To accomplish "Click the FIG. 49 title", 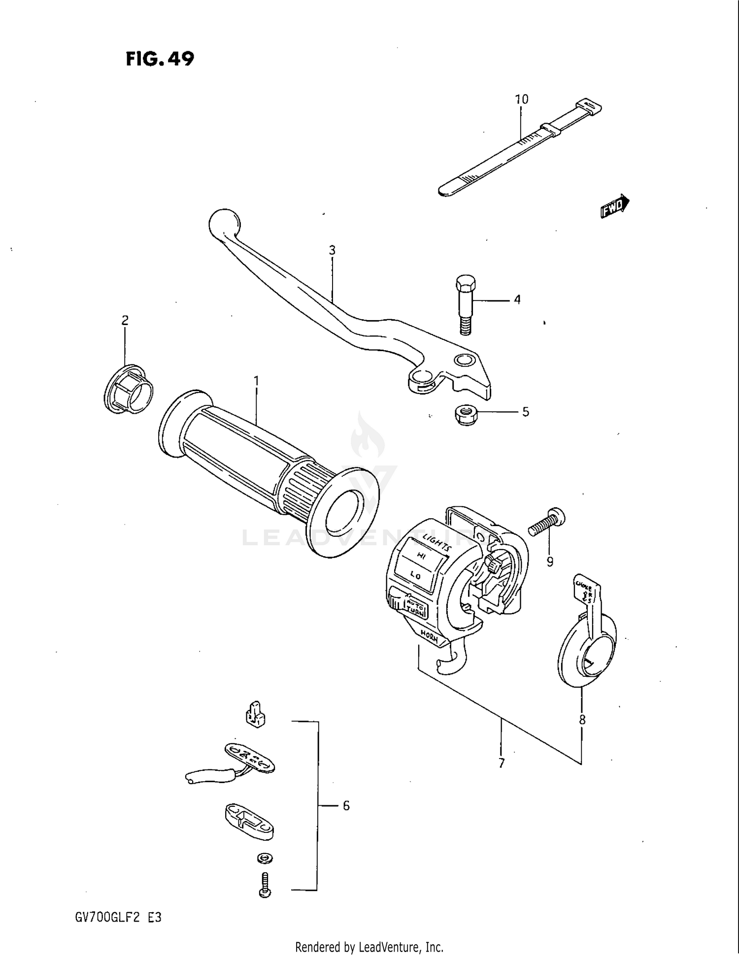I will click(x=160, y=59).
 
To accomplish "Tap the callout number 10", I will click(x=521, y=99).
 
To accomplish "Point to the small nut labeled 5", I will click(x=466, y=415).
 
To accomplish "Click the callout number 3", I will click(x=332, y=250).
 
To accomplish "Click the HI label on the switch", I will click(x=421, y=556).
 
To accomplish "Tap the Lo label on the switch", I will click(x=415, y=575).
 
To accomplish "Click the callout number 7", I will click(x=502, y=763).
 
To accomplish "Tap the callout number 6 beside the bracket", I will click(x=346, y=806).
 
